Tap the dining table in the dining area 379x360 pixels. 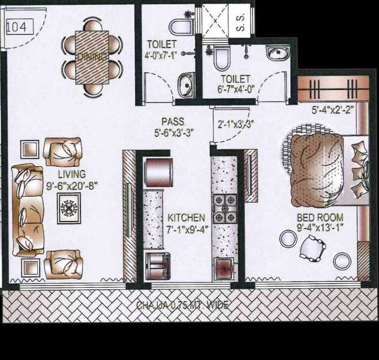point(92,57)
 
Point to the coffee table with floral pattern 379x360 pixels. point(69,210)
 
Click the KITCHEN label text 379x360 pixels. point(187,217)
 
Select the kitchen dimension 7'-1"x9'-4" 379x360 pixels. point(187,229)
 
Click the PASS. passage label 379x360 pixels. point(173,121)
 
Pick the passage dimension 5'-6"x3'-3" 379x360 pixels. point(174,133)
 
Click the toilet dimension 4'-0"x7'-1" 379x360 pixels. point(162,55)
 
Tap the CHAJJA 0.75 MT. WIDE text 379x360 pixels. point(182,305)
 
